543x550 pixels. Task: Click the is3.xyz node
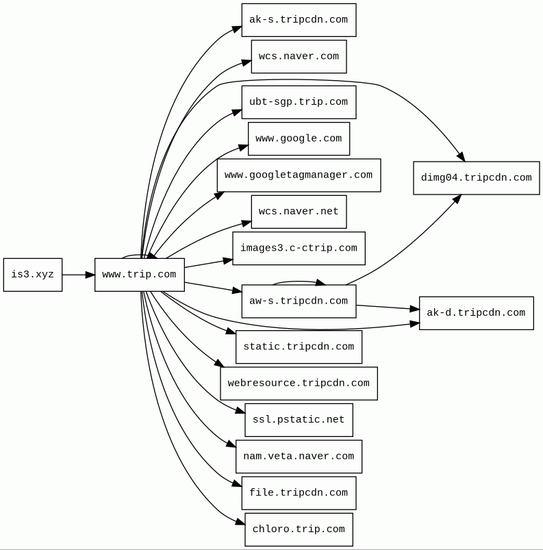32,275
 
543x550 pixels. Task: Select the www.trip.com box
139,275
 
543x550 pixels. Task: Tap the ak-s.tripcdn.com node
299,20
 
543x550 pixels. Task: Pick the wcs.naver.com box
299,57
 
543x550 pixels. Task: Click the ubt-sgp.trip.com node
299,102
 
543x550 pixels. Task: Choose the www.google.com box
299,138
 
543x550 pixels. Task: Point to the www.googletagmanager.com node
299,175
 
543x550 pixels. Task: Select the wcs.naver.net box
299,212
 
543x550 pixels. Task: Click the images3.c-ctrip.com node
299,248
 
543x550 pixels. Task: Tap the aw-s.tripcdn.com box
299,301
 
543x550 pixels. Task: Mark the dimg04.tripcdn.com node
476,178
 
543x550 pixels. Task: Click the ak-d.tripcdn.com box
476,313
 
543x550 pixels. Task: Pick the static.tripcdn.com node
299,347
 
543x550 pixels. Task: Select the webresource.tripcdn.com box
299,384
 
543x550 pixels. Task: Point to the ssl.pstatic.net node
299,420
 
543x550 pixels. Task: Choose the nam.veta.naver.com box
299,456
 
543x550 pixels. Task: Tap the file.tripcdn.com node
299,493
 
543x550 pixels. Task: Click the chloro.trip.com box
299,529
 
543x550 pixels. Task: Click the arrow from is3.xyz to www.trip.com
78,275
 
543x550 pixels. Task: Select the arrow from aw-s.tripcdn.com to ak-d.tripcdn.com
388,308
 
